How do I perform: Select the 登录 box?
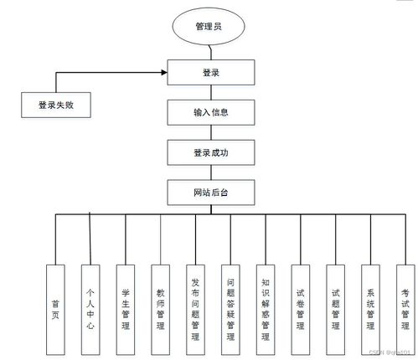(210, 73)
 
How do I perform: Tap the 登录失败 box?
(54, 105)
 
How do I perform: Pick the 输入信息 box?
(210, 111)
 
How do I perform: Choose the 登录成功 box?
(210, 152)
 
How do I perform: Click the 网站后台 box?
(210, 193)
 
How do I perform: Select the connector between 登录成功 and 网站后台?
(210, 172)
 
